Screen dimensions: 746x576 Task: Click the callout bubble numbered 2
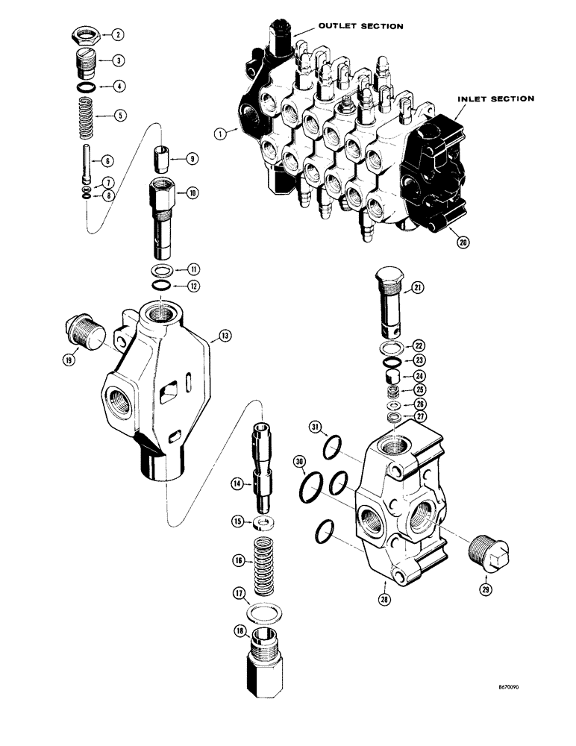tap(118, 34)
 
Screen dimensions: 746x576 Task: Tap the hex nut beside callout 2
tap(81, 34)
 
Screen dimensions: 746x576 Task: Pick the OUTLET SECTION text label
tap(360, 26)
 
